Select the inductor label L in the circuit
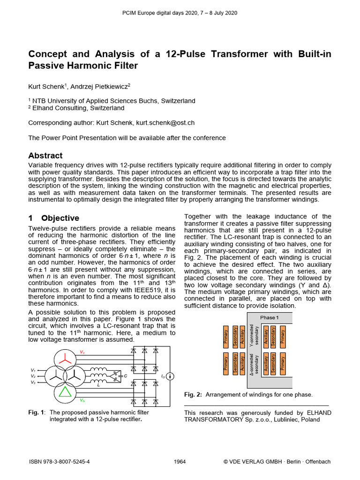(x=98, y=385)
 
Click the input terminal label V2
(x=33, y=376)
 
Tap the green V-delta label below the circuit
(x=82, y=400)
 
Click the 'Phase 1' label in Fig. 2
(x=270, y=317)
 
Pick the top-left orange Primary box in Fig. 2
(x=226, y=337)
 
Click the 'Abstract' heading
(x=45, y=156)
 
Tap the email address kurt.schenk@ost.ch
(x=165, y=123)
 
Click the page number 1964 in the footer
(x=180, y=462)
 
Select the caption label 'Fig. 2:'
(x=193, y=395)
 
